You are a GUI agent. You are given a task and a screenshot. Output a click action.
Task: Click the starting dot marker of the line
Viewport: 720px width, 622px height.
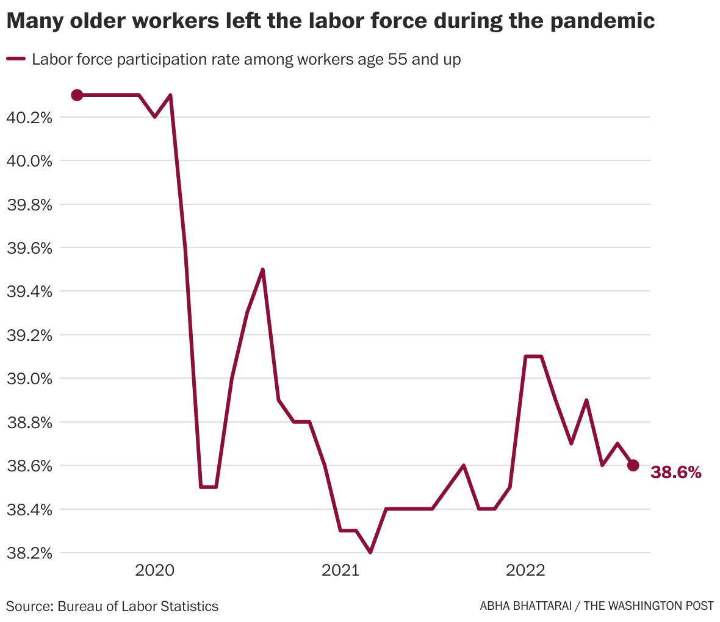click(77, 95)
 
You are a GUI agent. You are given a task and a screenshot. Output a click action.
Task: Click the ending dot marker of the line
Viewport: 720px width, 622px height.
click(633, 465)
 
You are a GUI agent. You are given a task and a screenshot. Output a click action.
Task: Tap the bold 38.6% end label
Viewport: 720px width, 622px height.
click(676, 472)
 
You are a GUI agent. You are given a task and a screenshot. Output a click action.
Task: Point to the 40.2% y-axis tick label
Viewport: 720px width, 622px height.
click(29, 117)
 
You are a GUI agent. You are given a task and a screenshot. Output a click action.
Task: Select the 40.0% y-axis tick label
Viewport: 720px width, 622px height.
click(29, 161)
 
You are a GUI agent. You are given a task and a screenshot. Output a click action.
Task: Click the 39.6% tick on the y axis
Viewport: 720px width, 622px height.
click(29, 248)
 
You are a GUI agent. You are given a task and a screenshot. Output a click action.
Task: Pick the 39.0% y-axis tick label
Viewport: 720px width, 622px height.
click(29, 379)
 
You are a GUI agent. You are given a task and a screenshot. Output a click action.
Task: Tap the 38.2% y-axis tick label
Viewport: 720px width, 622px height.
click(29, 553)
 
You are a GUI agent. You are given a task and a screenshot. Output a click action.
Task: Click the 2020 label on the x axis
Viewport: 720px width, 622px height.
click(154, 571)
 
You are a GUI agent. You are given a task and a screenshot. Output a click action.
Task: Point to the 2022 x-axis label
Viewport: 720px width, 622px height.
click(525, 571)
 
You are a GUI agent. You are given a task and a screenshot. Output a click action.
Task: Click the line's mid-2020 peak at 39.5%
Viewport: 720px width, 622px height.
click(262, 270)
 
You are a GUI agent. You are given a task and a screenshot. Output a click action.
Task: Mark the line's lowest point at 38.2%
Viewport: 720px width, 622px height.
click(370, 552)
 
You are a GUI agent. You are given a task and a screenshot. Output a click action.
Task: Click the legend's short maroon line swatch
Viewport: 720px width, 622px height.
click(16, 59)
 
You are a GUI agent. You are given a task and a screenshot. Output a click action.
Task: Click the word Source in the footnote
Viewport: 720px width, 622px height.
click(28, 606)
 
